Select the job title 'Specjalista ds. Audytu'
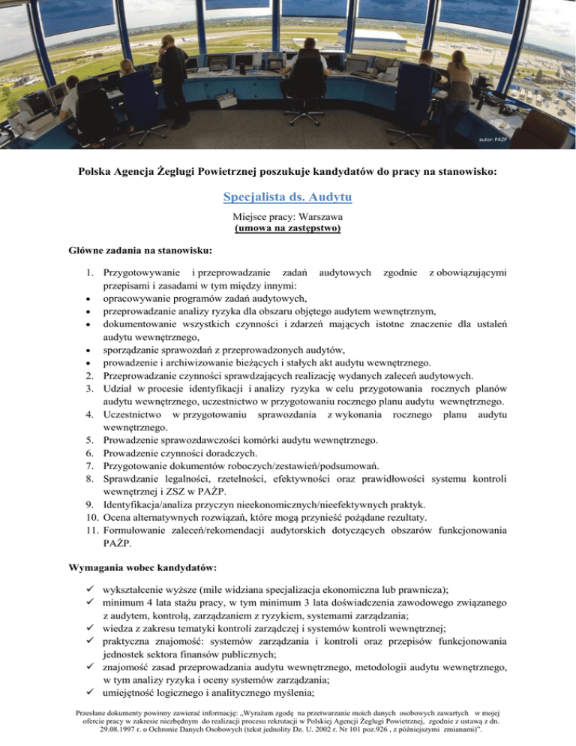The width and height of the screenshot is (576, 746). coord(288,198)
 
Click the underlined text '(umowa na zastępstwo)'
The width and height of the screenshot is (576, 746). coord(288,227)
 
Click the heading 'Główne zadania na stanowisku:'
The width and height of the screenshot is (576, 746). coord(137,248)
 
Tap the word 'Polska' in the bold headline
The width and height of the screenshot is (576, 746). coord(96,172)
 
